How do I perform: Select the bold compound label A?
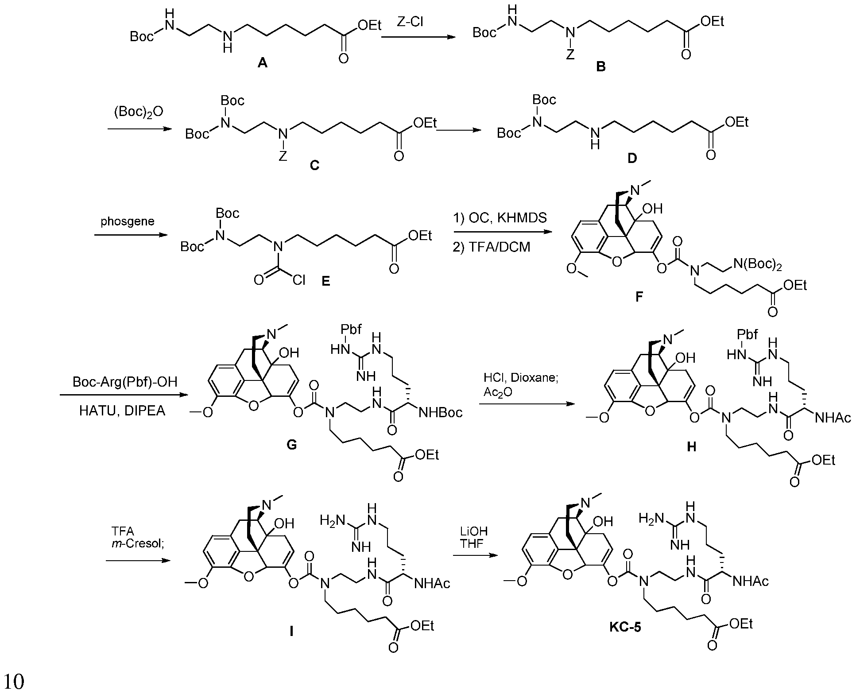point(263,64)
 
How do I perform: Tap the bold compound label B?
point(601,67)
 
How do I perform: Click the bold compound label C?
point(314,165)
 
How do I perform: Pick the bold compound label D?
point(632,158)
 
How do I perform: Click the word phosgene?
point(128,221)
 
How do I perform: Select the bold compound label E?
point(326,281)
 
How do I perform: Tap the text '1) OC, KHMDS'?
point(500,218)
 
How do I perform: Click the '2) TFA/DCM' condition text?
point(492,247)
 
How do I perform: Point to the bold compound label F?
point(639,297)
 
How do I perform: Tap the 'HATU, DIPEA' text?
point(122,411)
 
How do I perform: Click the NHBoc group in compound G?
point(441,413)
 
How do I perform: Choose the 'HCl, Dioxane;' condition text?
point(514,378)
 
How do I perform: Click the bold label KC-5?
point(624,628)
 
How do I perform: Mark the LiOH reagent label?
point(474,531)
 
